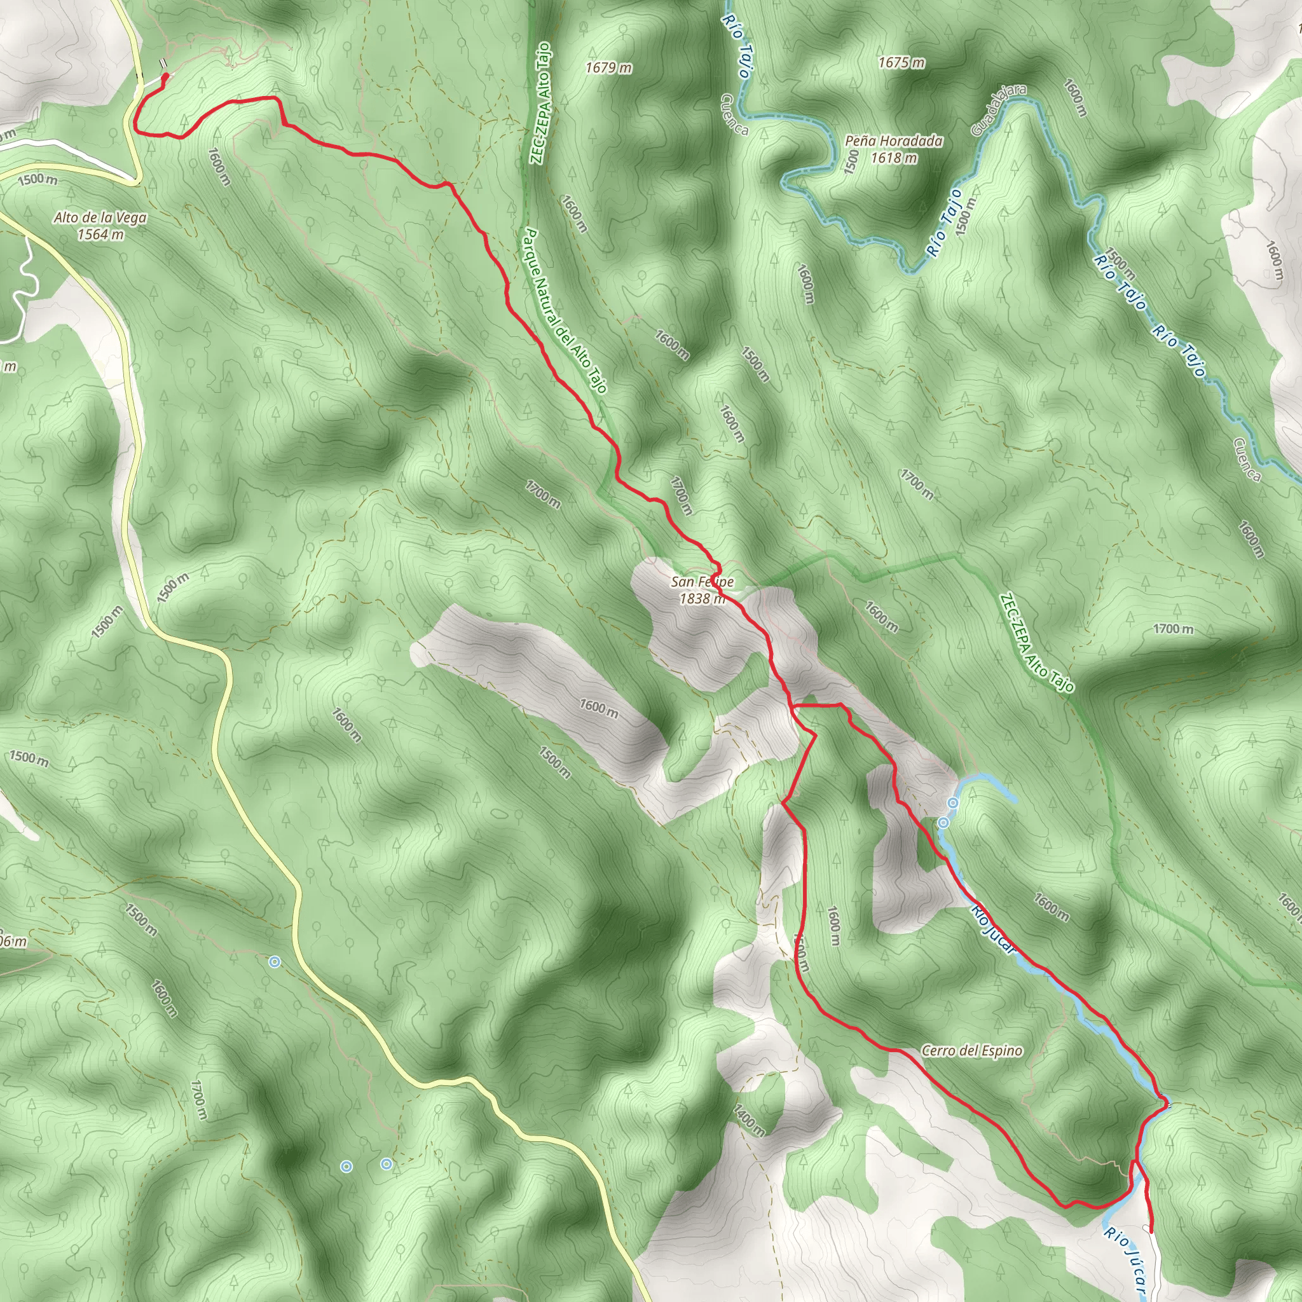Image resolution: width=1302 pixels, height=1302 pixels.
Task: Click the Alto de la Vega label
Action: coord(100,217)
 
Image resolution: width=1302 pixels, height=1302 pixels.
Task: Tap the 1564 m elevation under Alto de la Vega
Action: coord(100,235)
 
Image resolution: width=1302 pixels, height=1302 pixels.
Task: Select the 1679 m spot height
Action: coord(608,67)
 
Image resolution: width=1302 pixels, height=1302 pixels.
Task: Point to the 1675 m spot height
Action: coord(901,63)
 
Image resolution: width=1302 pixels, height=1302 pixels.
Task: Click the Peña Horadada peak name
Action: coord(894,141)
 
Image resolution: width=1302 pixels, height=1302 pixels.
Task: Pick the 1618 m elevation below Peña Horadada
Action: coord(894,158)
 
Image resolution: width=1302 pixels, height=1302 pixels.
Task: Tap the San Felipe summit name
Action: coord(702,582)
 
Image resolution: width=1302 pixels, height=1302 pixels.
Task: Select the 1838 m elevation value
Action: coord(702,598)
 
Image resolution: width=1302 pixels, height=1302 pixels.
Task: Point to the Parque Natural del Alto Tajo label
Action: coord(565,310)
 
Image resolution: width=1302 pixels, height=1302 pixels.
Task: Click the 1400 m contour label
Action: coord(750,1120)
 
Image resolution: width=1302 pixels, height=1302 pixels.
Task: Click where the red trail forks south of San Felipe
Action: coord(795,707)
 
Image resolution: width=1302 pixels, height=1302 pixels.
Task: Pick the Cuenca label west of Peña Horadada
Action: coord(734,114)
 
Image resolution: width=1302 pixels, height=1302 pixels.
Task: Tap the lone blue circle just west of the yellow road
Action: coord(273,963)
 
